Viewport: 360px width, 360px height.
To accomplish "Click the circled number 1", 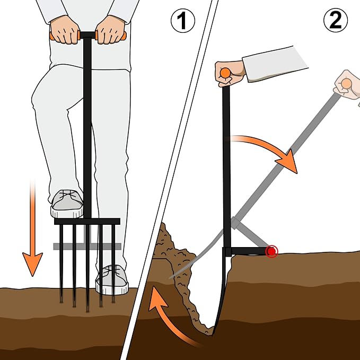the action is point(183,21).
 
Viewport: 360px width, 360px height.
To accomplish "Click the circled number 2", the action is point(336,20).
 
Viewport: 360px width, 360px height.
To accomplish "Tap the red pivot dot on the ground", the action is point(272,251).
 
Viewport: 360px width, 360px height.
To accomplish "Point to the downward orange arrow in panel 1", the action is point(32,227).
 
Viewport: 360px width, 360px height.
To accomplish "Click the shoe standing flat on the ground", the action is point(112,280).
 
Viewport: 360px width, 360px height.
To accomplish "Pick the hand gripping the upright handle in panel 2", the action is point(229,74).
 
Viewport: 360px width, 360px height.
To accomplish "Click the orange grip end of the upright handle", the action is point(225,73).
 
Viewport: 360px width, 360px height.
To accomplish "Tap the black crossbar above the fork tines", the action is point(87,221).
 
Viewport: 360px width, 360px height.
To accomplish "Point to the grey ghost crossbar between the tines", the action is point(87,247).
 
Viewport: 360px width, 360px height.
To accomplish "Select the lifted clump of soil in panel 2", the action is point(177,271).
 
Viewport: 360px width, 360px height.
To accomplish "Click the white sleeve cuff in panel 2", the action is point(274,64).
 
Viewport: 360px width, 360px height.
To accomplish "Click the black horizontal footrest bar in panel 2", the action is point(247,251).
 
